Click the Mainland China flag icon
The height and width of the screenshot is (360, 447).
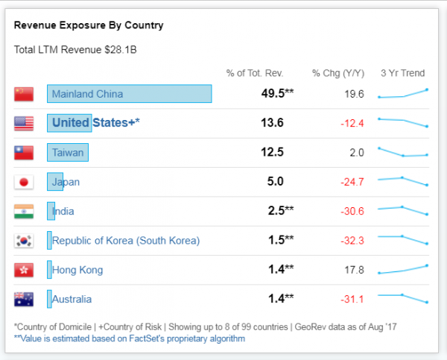click(24, 94)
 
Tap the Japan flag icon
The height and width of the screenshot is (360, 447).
click(24, 182)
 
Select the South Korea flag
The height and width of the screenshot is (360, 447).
click(24, 241)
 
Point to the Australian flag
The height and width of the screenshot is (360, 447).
click(24, 299)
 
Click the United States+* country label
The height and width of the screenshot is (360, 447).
click(96, 123)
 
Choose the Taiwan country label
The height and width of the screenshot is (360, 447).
click(68, 153)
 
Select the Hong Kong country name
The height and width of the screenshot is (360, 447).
click(77, 270)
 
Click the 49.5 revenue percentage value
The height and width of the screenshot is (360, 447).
click(273, 93)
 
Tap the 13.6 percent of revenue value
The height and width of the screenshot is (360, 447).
click(272, 123)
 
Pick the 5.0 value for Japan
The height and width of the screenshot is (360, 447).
click(276, 181)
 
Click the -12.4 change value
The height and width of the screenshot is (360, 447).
click(352, 124)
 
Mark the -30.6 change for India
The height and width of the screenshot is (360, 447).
click(352, 212)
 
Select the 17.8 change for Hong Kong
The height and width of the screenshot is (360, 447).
click(355, 270)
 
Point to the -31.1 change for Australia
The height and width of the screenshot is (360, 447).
click(352, 299)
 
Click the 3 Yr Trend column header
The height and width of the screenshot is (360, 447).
click(403, 73)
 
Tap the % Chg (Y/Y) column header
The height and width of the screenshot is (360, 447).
click(338, 73)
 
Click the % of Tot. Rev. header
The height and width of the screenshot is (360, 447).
click(255, 73)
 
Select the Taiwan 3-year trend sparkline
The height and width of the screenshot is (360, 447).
click(403, 152)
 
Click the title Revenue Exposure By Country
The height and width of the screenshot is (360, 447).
click(89, 25)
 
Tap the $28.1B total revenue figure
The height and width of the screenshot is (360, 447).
click(121, 50)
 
